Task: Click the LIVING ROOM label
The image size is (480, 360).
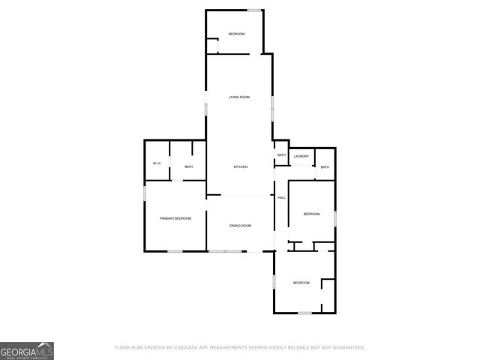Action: pyautogui.click(x=239, y=97)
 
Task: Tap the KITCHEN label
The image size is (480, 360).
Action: pyautogui.click(x=241, y=166)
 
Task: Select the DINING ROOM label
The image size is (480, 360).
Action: pyautogui.click(x=240, y=225)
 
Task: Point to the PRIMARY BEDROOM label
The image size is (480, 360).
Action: pyautogui.click(x=175, y=218)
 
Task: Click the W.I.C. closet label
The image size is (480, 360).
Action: pyautogui.click(x=157, y=163)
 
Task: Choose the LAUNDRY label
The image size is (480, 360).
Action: pyautogui.click(x=301, y=156)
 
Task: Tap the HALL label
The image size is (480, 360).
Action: pyautogui.click(x=282, y=197)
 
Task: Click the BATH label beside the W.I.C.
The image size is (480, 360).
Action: pyautogui.click(x=189, y=166)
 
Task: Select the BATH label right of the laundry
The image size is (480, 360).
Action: pyautogui.click(x=325, y=166)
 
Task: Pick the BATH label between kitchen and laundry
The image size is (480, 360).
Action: pyautogui.click(x=281, y=155)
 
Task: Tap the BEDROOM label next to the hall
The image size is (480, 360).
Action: pyautogui.click(x=311, y=214)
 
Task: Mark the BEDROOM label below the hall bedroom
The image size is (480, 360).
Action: pyautogui.click(x=301, y=282)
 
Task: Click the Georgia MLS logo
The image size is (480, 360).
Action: pyautogui.click(x=27, y=350)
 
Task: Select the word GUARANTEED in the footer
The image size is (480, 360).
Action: pyautogui.click(x=347, y=347)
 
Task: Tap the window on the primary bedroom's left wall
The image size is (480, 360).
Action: pyautogui.click(x=145, y=194)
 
